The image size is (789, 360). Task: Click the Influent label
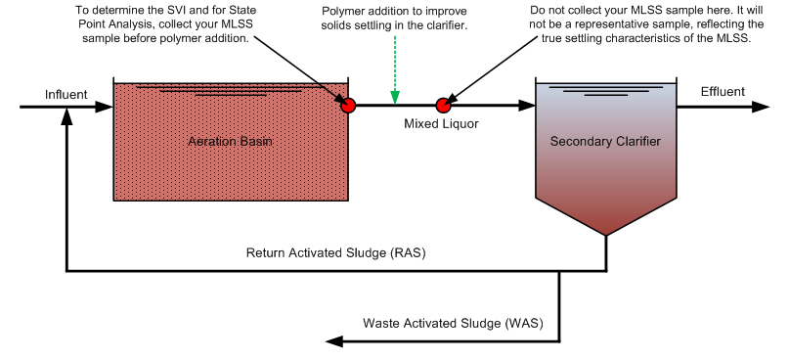pyautogui.click(x=66, y=94)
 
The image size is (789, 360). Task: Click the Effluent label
pyautogui.click(x=723, y=92)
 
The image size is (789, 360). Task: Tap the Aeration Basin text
pyautogui.click(x=230, y=142)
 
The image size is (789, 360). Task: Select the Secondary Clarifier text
pyautogui.click(x=605, y=142)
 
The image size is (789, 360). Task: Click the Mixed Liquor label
pyautogui.click(x=442, y=124)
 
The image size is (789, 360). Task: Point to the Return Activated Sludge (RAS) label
pyautogui.click(x=335, y=253)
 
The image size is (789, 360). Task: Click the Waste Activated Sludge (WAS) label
pyautogui.click(x=453, y=323)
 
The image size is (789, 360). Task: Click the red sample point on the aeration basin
pyautogui.click(x=348, y=105)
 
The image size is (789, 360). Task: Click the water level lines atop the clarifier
pyautogui.click(x=605, y=92)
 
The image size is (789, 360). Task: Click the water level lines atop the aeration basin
pyautogui.click(x=230, y=91)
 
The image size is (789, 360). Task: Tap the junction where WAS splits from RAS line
pyautogui.click(x=559, y=271)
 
